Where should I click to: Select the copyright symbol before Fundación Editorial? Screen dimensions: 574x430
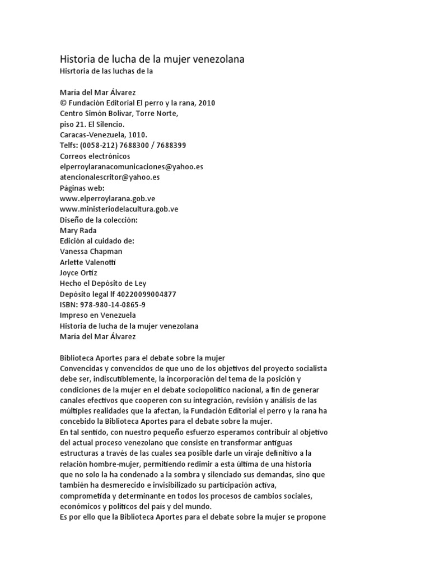click(x=62, y=103)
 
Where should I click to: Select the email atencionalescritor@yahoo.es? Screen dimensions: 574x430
click(x=109, y=177)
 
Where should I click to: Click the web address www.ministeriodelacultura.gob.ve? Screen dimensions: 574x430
click(x=127, y=209)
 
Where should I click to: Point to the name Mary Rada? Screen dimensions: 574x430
click(x=78, y=230)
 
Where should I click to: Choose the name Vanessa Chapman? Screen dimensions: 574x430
click(x=91, y=252)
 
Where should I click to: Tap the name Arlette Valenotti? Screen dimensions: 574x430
click(x=89, y=262)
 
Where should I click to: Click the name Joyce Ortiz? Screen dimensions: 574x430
click(x=78, y=273)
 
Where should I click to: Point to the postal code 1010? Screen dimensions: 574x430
click(x=137, y=135)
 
